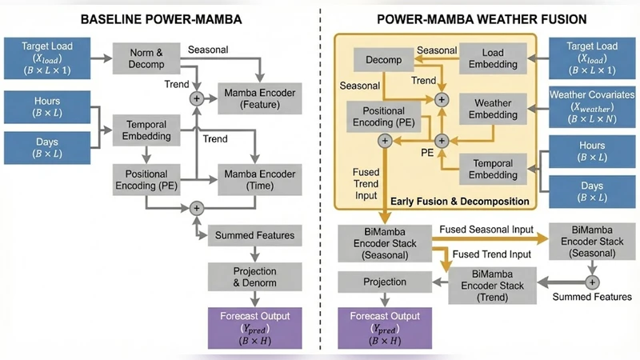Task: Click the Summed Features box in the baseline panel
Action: tap(254, 235)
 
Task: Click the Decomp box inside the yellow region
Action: tap(383, 59)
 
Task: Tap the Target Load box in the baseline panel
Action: tap(47, 58)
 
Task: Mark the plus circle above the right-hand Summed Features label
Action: tap(591, 282)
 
